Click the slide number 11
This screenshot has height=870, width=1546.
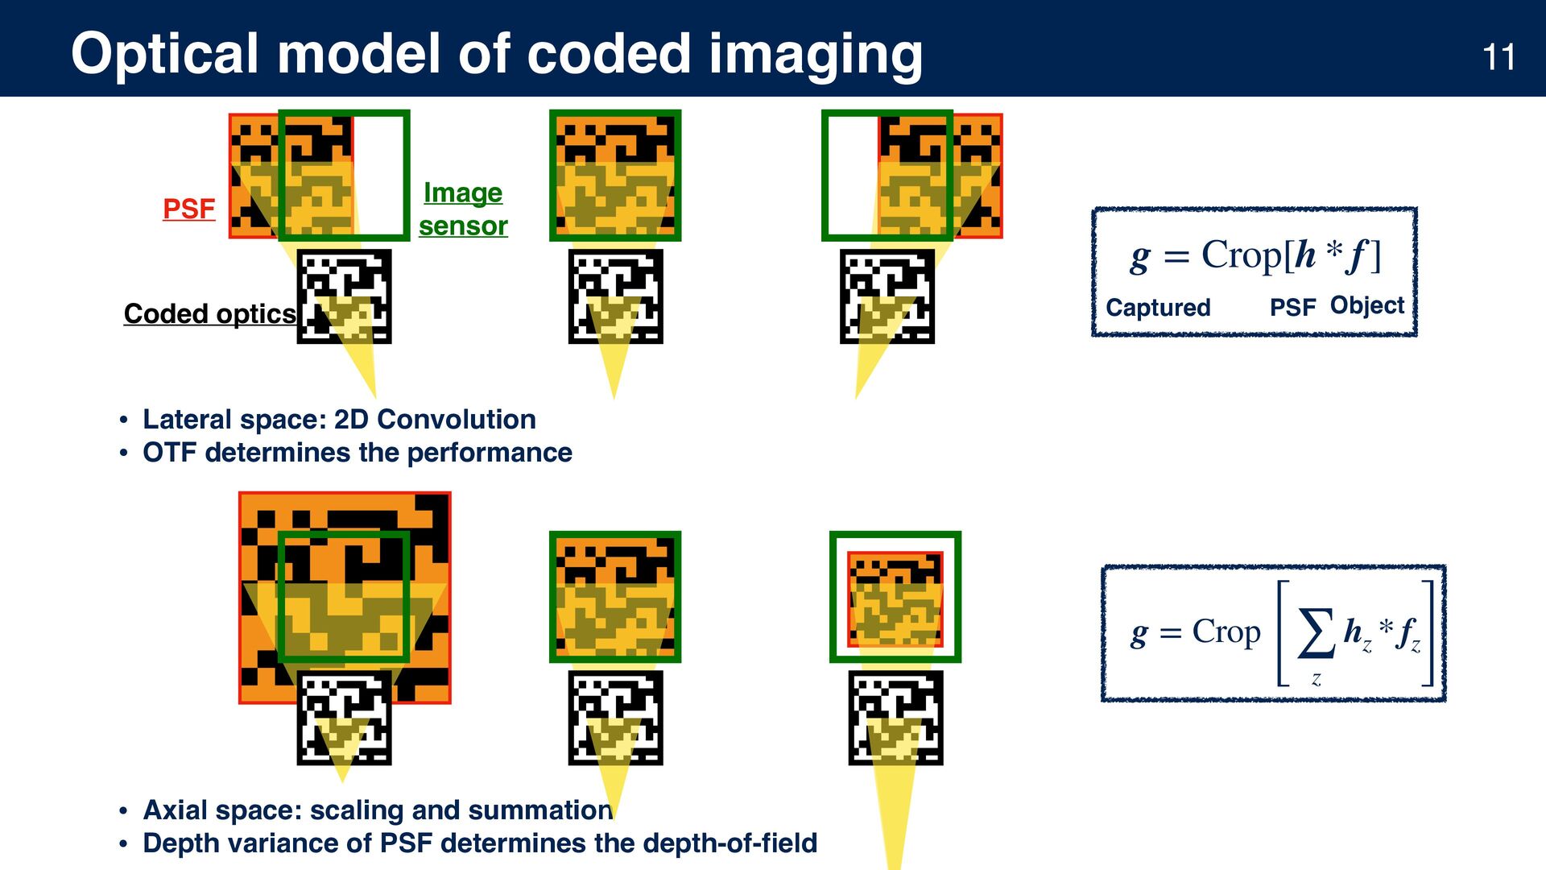tap(1498, 57)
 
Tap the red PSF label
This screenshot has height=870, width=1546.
tap(188, 209)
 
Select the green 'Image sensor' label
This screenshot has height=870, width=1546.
tap(463, 209)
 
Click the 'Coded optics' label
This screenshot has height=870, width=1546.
tap(209, 313)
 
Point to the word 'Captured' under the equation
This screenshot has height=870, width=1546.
tap(1158, 307)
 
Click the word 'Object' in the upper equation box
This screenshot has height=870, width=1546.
tap(1366, 305)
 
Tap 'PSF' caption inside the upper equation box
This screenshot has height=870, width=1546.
tap(1292, 307)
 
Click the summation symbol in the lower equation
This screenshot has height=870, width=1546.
tap(1316, 633)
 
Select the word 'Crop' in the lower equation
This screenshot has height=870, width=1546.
tap(1226, 632)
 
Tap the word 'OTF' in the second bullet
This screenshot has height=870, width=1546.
tap(170, 453)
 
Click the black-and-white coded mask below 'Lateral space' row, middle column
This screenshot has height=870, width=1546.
tap(615, 296)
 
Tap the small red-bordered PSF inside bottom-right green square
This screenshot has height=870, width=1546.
tap(895, 599)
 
